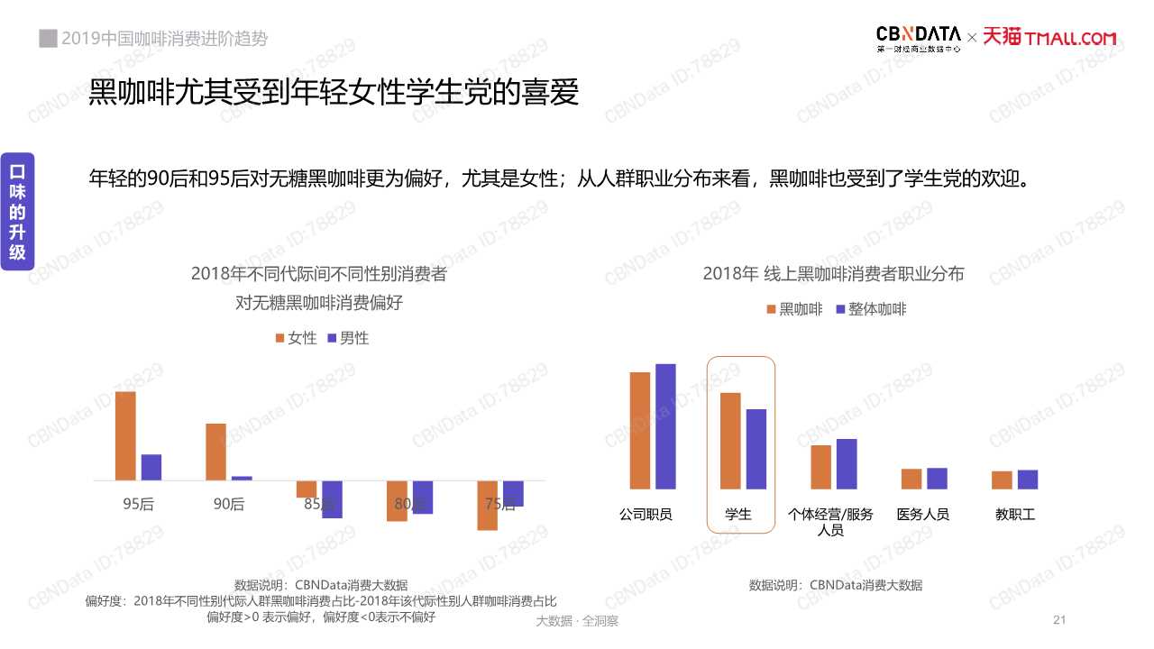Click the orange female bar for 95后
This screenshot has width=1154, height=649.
click(125, 435)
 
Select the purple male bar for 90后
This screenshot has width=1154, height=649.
click(242, 478)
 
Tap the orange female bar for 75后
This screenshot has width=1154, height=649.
click(488, 506)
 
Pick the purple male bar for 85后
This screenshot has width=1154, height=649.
click(332, 499)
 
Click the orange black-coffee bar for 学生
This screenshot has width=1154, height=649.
click(730, 441)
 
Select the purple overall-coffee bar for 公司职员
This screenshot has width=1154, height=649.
click(665, 426)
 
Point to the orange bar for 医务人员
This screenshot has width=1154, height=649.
click(911, 479)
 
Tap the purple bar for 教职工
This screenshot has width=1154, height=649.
click(1028, 480)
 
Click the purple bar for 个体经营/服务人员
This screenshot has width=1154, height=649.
click(847, 463)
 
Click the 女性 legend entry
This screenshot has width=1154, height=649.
click(296, 338)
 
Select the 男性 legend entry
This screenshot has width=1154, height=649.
click(347, 338)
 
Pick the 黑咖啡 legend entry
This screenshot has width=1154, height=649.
click(793, 309)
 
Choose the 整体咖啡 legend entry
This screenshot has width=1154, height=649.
click(871, 309)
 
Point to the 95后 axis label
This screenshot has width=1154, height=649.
click(139, 504)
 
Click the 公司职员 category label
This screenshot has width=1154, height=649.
click(646, 515)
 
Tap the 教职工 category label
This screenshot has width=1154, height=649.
click(1015, 515)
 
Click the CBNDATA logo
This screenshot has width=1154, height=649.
click(918, 38)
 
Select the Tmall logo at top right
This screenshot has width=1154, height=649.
click(1049, 38)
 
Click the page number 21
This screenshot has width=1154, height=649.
click(1059, 620)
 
